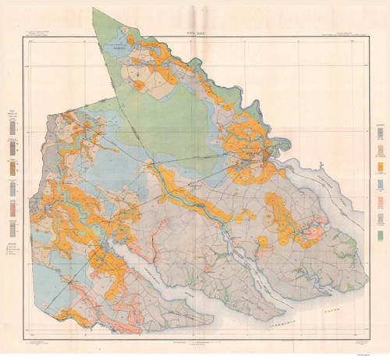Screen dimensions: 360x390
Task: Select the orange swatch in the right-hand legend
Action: [379, 166]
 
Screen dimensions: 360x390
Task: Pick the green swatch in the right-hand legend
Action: [379, 234]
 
